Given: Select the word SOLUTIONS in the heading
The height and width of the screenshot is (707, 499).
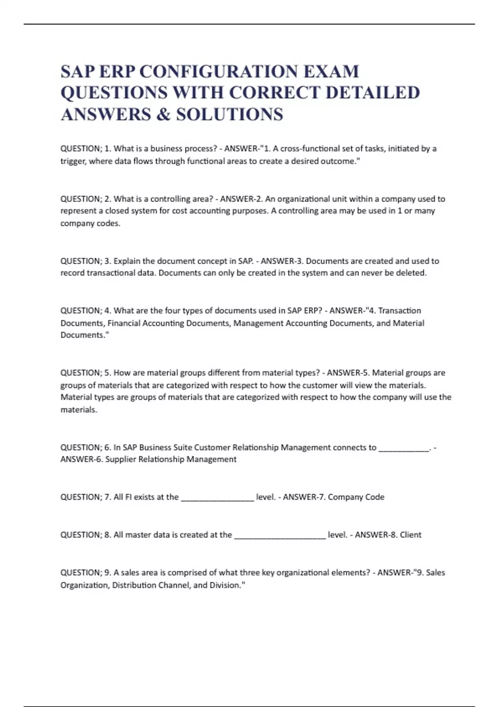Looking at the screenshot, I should [230, 114].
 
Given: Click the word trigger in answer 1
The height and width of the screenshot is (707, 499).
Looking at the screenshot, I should [73, 161].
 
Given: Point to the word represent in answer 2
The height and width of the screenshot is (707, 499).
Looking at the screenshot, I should [80, 211].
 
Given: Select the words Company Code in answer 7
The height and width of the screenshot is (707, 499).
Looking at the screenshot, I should [356, 497].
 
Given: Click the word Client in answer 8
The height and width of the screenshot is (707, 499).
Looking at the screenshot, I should [410, 535].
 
